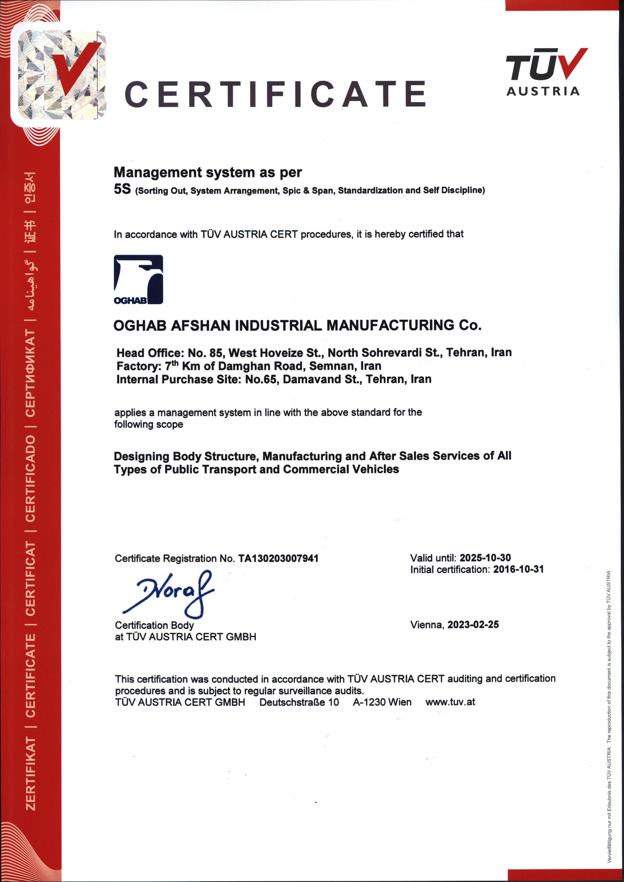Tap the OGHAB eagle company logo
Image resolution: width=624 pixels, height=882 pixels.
click(138, 279)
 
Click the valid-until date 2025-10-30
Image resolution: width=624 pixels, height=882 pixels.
click(485, 558)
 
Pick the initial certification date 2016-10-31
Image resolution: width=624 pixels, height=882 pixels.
click(518, 569)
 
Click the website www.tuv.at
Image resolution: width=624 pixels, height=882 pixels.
click(450, 702)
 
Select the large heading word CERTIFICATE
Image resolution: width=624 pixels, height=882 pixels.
click(275, 94)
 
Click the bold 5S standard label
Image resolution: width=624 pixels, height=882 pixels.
click(122, 189)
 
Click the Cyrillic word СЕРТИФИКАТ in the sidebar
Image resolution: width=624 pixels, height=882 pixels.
click(30, 373)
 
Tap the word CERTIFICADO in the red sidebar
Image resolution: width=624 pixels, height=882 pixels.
click(30, 478)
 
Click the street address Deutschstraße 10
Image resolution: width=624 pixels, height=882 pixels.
click(299, 702)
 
